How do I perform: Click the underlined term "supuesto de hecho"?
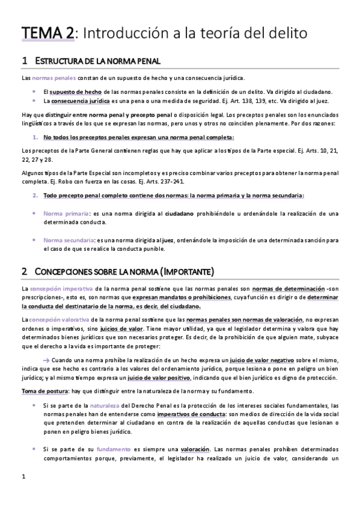point(75,91)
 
